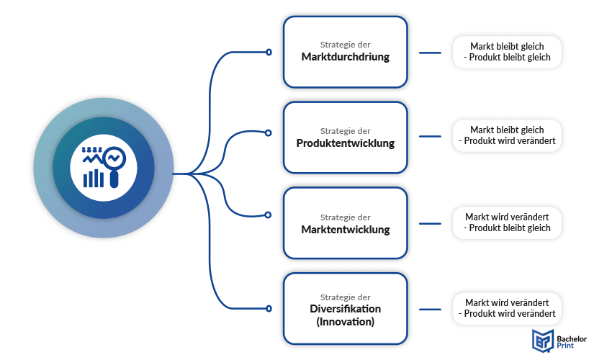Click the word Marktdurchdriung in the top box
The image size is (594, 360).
click(x=346, y=57)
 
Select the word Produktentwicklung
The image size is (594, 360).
click(x=346, y=143)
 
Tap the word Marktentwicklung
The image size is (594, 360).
click(x=346, y=230)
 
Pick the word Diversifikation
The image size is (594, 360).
click(x=346, y=309)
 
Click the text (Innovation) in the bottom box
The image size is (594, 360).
click(x=346, y=322)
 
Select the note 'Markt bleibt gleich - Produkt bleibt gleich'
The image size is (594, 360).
click(x=507, y=52)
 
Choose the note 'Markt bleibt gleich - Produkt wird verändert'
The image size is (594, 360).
click(x=507, y=135)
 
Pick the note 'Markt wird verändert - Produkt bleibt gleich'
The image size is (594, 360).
click(x=507, y=222)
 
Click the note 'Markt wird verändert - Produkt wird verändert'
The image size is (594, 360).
click(x=507, y=308)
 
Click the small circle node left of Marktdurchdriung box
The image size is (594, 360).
click(x=269, y=52)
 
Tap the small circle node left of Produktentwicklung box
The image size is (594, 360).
click(x=269, y=132)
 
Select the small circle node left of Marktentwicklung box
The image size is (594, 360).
click(x=269, y=215)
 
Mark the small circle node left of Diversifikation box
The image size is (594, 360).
click(x=269, y=308)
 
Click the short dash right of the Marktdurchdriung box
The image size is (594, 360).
click(x=430, y=52)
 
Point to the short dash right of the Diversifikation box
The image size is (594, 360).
click(x=430, y=309)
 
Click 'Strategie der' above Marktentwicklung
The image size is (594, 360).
click(x=346, y=217)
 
